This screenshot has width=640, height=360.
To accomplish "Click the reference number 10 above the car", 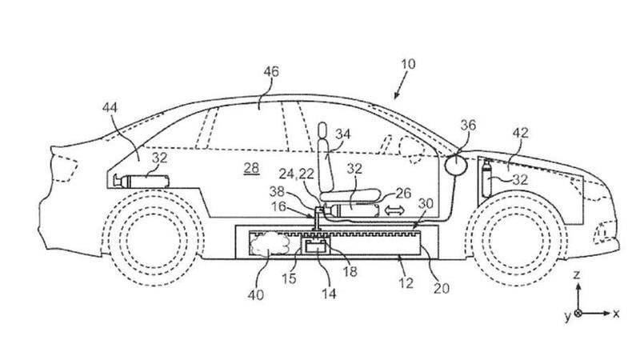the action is click(x=408, y=64).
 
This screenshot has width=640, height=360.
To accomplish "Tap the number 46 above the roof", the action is click(x=271, y=72).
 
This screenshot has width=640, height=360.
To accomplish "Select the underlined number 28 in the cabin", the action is click(x=251, y=168).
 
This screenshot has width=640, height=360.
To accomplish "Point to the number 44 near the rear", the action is click(x=110, y=108).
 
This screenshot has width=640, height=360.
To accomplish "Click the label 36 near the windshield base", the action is click(x=468, y=126).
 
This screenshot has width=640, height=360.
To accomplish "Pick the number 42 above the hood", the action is click(x=521, y=133).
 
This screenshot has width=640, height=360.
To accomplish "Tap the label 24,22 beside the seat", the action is click(x=297, y=174).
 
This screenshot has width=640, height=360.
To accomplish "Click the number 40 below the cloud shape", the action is click(x=256, y=294).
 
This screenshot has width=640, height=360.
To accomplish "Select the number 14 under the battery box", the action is click(x=329, y=294).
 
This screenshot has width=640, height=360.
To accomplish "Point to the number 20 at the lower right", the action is click(x=442, y=289).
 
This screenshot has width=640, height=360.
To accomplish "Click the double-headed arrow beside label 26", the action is click(x=394, y=210).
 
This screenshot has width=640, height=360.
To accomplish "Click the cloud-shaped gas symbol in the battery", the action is click(x=270, y=244).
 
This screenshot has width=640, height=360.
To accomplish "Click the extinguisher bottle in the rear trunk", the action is click(x=142, y=181).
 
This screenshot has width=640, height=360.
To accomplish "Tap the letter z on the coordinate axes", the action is click(x=577, y=274).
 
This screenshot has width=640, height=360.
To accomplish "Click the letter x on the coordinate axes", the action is click(x=616, y=314).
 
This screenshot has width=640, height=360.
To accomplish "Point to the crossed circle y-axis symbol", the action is click(x=578, y=314).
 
